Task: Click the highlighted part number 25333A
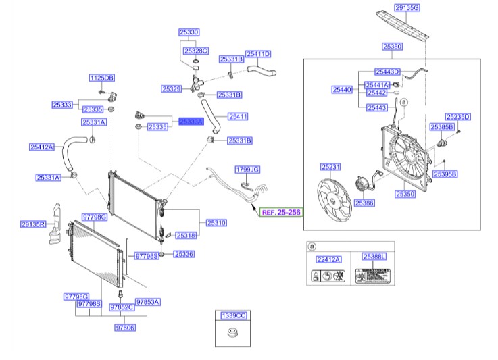tap(191, 120)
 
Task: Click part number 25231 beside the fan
tap(330, 165)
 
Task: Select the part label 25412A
tap(41, 146)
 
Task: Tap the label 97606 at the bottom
tap(125, 328)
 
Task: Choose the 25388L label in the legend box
tap(372, 257)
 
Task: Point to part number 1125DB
tap(102, 78)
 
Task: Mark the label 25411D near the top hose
tap(257, 54)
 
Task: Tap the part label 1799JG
tap(247, 168)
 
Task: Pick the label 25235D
tap(457, 117)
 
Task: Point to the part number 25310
tap(216, 222)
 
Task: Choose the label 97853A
tap(147, 302)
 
